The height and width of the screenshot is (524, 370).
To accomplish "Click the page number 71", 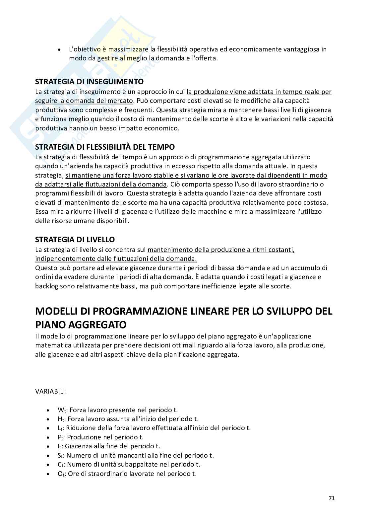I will point(332,498).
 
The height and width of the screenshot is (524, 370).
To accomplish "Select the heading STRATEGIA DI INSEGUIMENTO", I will point(90,82).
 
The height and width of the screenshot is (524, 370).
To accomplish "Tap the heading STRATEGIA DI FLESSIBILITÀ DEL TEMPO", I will point(105,147).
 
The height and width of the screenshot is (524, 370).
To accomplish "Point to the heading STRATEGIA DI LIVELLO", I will point(75,239).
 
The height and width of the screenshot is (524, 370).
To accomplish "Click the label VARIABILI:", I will point(51,391).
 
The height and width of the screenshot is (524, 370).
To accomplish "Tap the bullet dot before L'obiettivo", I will point(59,50).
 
